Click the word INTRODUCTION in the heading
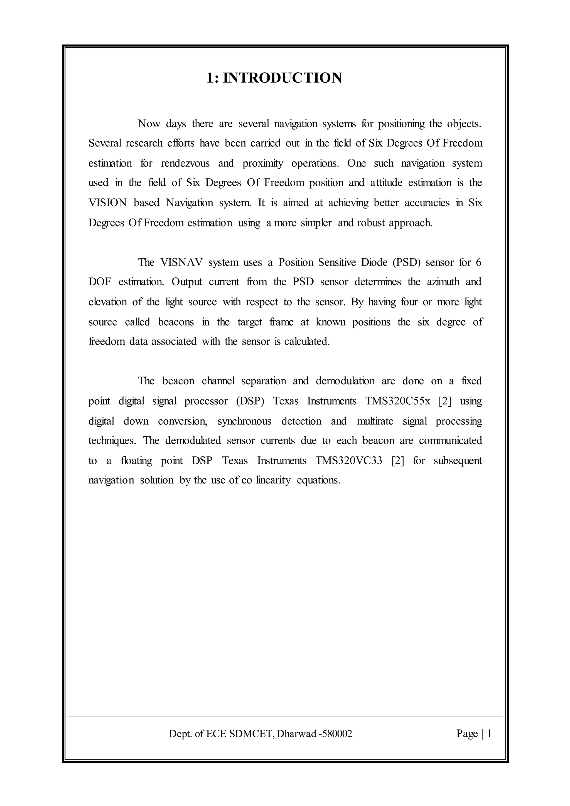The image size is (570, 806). click(282, 78)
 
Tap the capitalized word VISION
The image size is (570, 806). click(107, 203)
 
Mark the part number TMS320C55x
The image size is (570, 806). click(397, 401)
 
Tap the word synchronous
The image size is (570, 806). click(244, 421)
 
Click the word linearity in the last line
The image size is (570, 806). click(273, 480)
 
